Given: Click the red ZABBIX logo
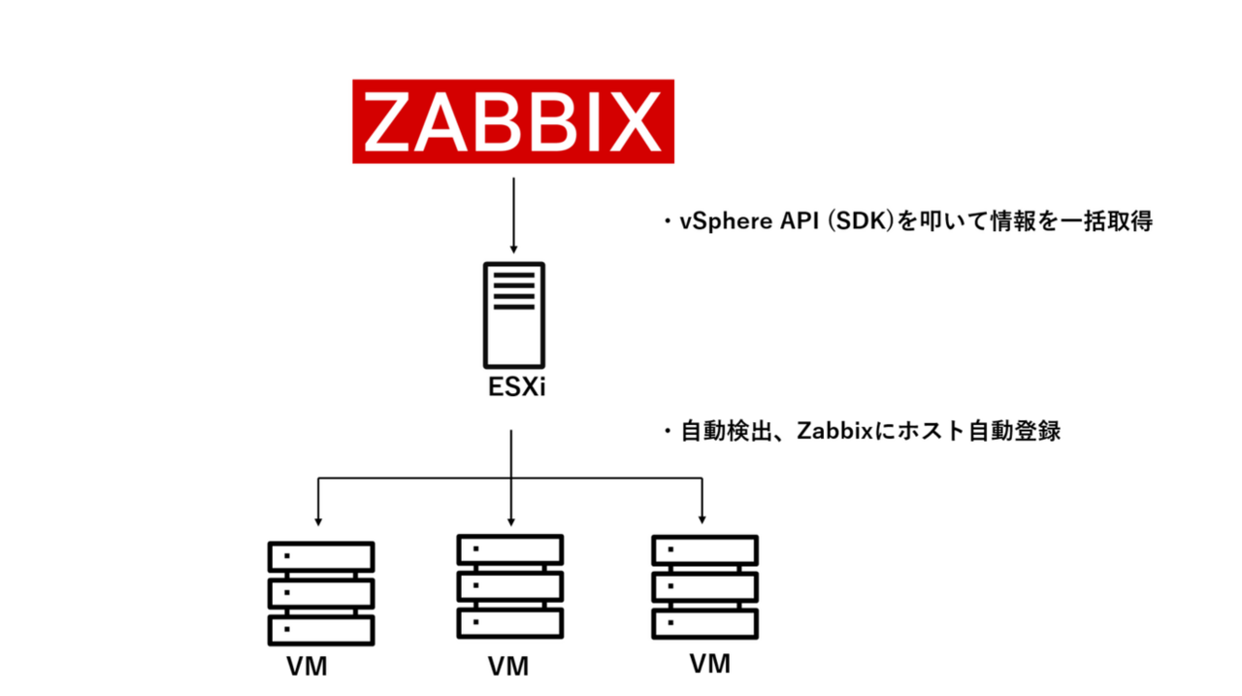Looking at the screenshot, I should pyautogui.click(x=512, y=120).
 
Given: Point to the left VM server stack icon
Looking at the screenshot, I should pyautogui.click(x=321, y=593).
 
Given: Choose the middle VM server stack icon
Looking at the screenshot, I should pyautogui.click(x=510, y=584).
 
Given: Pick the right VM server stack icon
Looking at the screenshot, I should pyautogui.click(x=705, y=585).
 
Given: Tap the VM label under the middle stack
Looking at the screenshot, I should pyautogui.click(x=508, y=667).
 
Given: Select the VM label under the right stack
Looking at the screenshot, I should pyautogui.click(x=709, y=664).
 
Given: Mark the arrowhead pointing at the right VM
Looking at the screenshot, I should pyautogui.click(x=703, y=515).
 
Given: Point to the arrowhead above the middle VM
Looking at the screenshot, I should pyautogui.click(x=511, y=515).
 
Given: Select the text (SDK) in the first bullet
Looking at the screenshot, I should pyautogui.click(x=854, y=222).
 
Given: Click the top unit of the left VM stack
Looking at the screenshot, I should pyautogui.click(x=321, y=557).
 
